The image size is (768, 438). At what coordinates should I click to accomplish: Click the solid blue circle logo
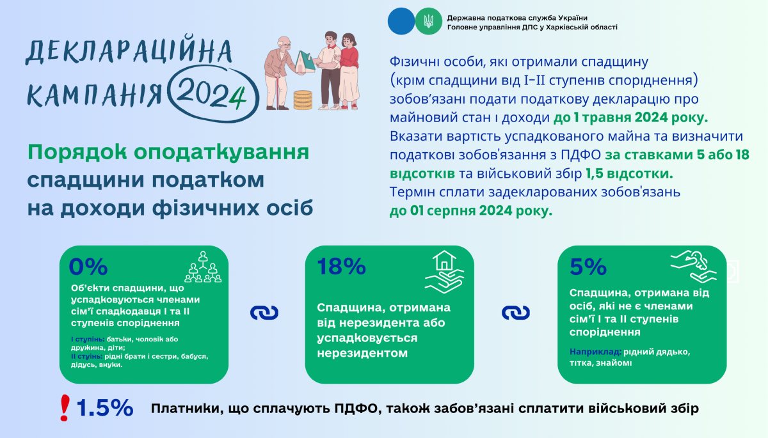pyautogui.click(x=401, y=21)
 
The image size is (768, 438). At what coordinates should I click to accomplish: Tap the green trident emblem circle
pyautogui.click(x=429, y=21)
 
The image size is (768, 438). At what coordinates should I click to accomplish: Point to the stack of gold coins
pyautogui.click(x=303, y=100)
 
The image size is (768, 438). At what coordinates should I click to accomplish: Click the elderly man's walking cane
pyautogui.click(x=278, y=93)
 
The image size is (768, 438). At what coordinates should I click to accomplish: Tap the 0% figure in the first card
pyautogui.click(x=88, y=267)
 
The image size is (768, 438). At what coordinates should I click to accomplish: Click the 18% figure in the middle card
pyautogui.click(x=342, y=266)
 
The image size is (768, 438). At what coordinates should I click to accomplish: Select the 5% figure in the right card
pyautogui.click(x=588, y=267)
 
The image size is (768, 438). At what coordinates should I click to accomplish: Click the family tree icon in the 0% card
pyautogui.click(x=203, y=267)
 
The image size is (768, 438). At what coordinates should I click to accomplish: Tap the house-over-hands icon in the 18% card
pyautogui.click(x=444, y=272)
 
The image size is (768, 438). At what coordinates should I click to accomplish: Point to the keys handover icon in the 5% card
pyautogui.click(x=693, y=267)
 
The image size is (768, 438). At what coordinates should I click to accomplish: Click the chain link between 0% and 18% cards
pyautogui.click(x=264, y=313)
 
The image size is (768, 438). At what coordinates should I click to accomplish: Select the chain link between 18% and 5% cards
pyautogui.click(x=516, y=313)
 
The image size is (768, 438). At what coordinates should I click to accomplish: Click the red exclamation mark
pyautogui.click(x=65, y=407)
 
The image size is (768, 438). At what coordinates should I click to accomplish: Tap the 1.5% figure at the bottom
pyautogui.click(x=104, y=407)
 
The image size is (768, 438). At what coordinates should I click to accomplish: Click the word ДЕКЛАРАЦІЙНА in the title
pyautogui.click(x=129, y=51)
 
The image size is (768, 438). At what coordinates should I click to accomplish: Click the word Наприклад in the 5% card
pyautogui.click(x=596, y=352)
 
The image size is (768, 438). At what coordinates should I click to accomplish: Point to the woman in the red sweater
pyautogui.click(x=349, y=71)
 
